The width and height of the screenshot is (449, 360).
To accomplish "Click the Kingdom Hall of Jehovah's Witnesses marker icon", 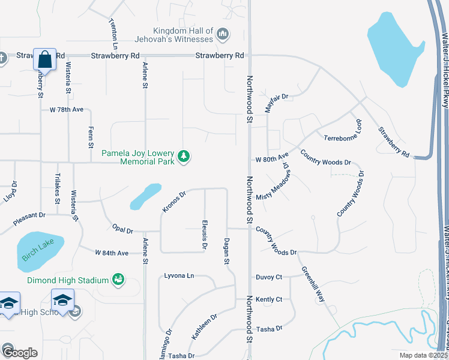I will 223,35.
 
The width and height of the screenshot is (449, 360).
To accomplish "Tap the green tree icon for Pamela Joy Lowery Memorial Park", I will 183,157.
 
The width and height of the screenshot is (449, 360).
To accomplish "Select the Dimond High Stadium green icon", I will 118,280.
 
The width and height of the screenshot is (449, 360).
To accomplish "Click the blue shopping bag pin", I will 45,60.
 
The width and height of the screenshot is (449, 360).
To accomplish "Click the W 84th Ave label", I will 112,253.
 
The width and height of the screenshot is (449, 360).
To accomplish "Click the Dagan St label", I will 227,250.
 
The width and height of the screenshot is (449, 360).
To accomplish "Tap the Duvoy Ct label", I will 269,277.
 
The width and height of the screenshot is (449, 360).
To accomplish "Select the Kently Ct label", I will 269,299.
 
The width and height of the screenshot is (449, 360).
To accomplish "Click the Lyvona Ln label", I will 179,276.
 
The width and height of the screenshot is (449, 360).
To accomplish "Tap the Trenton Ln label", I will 113,32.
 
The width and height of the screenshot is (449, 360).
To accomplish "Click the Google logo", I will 19,353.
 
